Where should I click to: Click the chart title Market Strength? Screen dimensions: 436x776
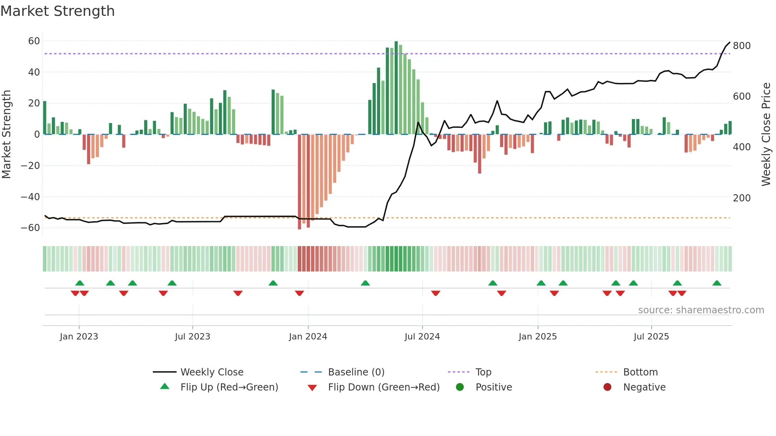57,11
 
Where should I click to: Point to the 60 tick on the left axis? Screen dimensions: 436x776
34,41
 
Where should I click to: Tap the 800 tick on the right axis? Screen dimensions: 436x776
742,46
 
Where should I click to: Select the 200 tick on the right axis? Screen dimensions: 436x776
742,198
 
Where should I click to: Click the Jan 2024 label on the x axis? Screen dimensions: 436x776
308,337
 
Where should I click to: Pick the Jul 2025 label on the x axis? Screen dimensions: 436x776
651,337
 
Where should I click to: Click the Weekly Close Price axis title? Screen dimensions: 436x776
766,135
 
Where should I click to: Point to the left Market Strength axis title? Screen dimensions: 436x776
6,135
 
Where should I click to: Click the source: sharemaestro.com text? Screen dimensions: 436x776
701,310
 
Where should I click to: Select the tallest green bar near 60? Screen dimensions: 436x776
396,87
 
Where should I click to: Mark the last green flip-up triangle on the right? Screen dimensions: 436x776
717,283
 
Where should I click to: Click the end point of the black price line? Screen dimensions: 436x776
730,42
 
